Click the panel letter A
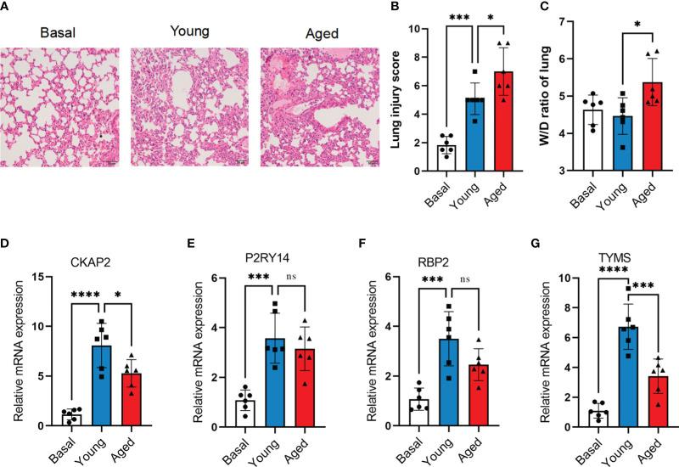click(x=7, y=8)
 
